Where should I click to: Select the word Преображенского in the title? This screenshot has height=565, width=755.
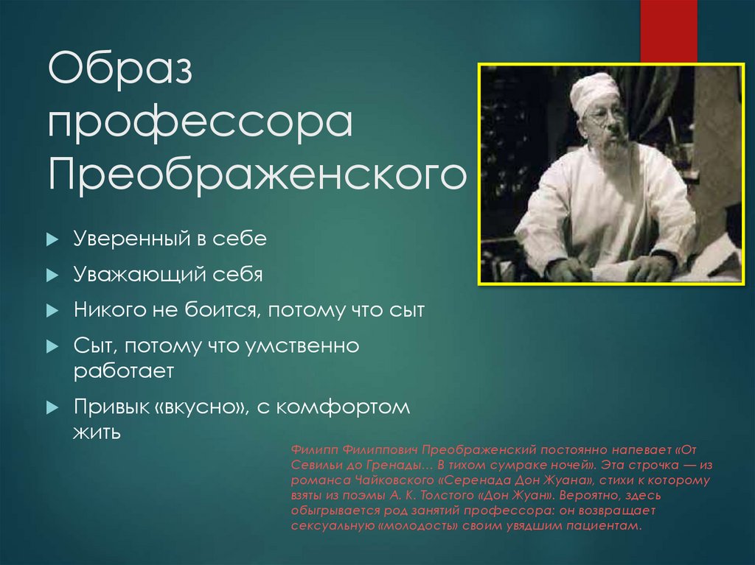click(257, 175)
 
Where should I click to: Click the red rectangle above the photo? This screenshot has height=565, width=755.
click(668, 31)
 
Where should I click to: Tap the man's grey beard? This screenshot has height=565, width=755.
click(616, 147)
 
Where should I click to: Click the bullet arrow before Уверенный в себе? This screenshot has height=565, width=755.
click(52, 240)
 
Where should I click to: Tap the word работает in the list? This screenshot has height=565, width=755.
click(123, 371)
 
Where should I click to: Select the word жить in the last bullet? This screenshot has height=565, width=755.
click(97, 431)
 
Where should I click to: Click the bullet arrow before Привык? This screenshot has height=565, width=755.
click(52, 407)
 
